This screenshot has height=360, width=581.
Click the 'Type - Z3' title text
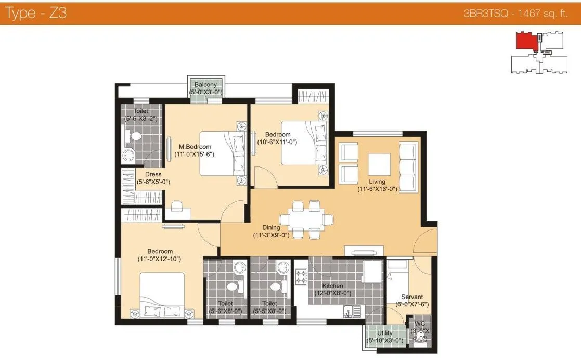click(x=35, y=13)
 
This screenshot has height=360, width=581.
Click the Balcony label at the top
click(x=205, y=85)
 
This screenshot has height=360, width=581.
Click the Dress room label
click(x=153, y=174)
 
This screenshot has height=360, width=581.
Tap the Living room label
click(x=377, y=182)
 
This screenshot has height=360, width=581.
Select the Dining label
click(x=271, y=227)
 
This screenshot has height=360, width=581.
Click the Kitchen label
click(x=332, y=286)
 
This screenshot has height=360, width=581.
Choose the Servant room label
click(x=411, y=297)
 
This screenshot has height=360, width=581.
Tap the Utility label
click(x=385, y=333)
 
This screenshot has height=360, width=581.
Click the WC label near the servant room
click(x=419, y=323)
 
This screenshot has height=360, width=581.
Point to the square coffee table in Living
click(x=379, y=165)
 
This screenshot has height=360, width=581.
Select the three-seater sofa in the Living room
click(x=408, y=166)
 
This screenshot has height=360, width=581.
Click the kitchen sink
click(x=348, y=312)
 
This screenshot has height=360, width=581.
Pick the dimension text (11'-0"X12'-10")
click(x=159, y=259)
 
